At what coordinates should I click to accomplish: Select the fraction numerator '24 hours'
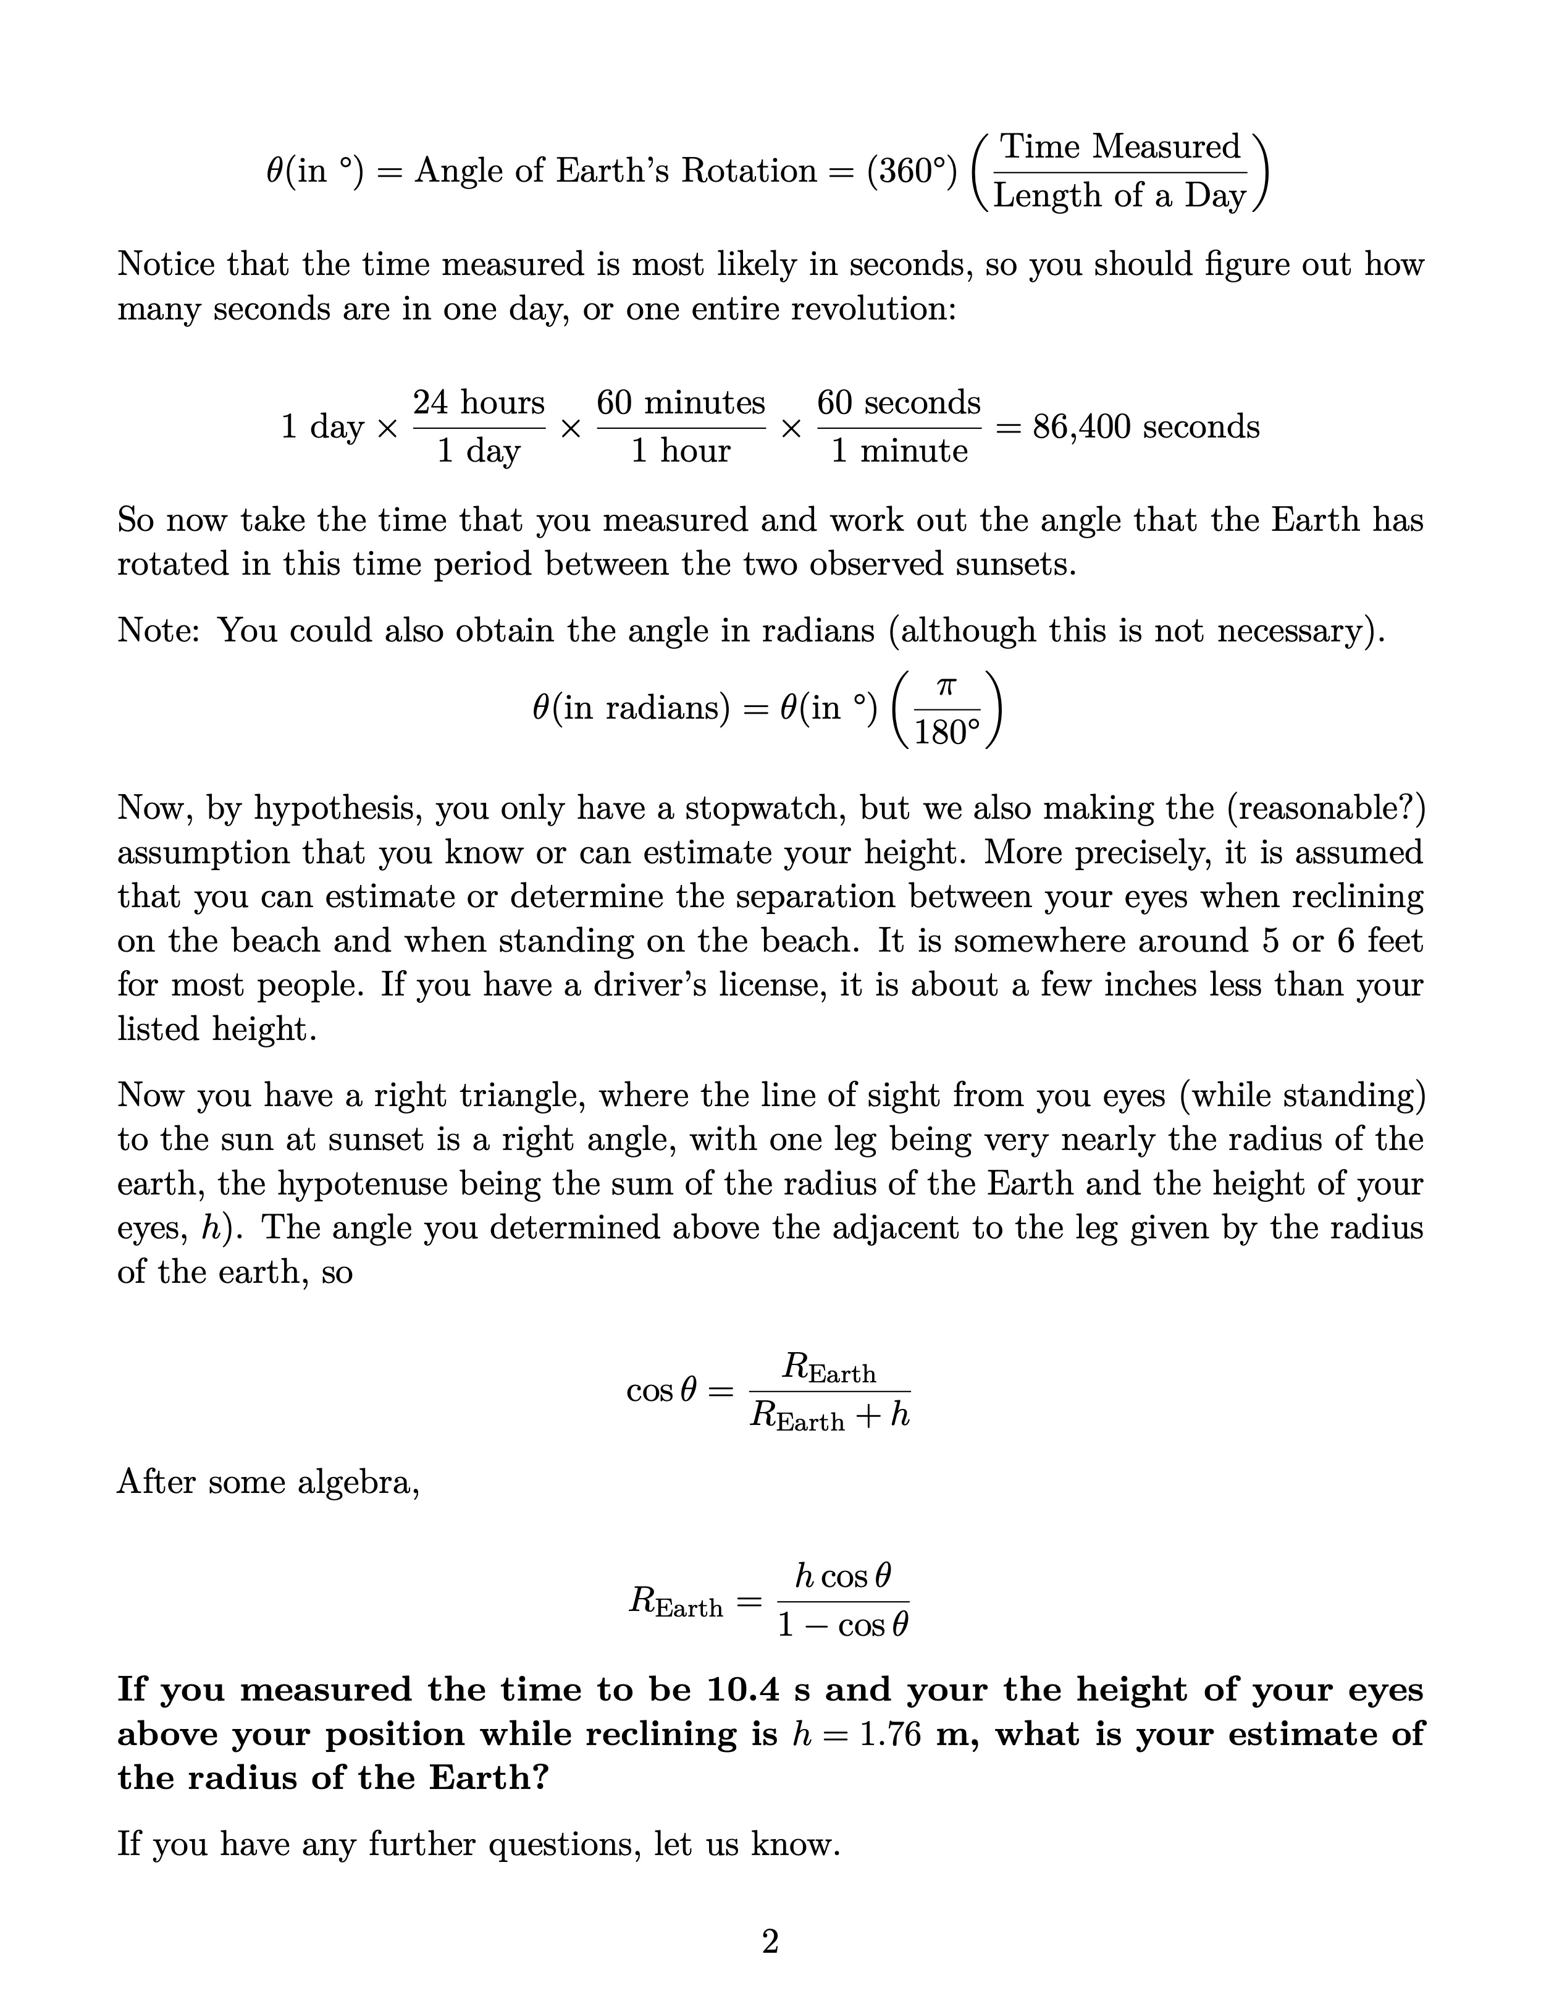(479, 402)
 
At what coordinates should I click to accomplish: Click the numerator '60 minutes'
(681, 402)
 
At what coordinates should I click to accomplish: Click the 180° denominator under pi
(946, 733)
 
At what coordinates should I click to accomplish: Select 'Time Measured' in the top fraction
(1120, 146)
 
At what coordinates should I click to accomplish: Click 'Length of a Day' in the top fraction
(1120, 195)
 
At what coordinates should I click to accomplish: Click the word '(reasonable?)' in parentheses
(1325, 809)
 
